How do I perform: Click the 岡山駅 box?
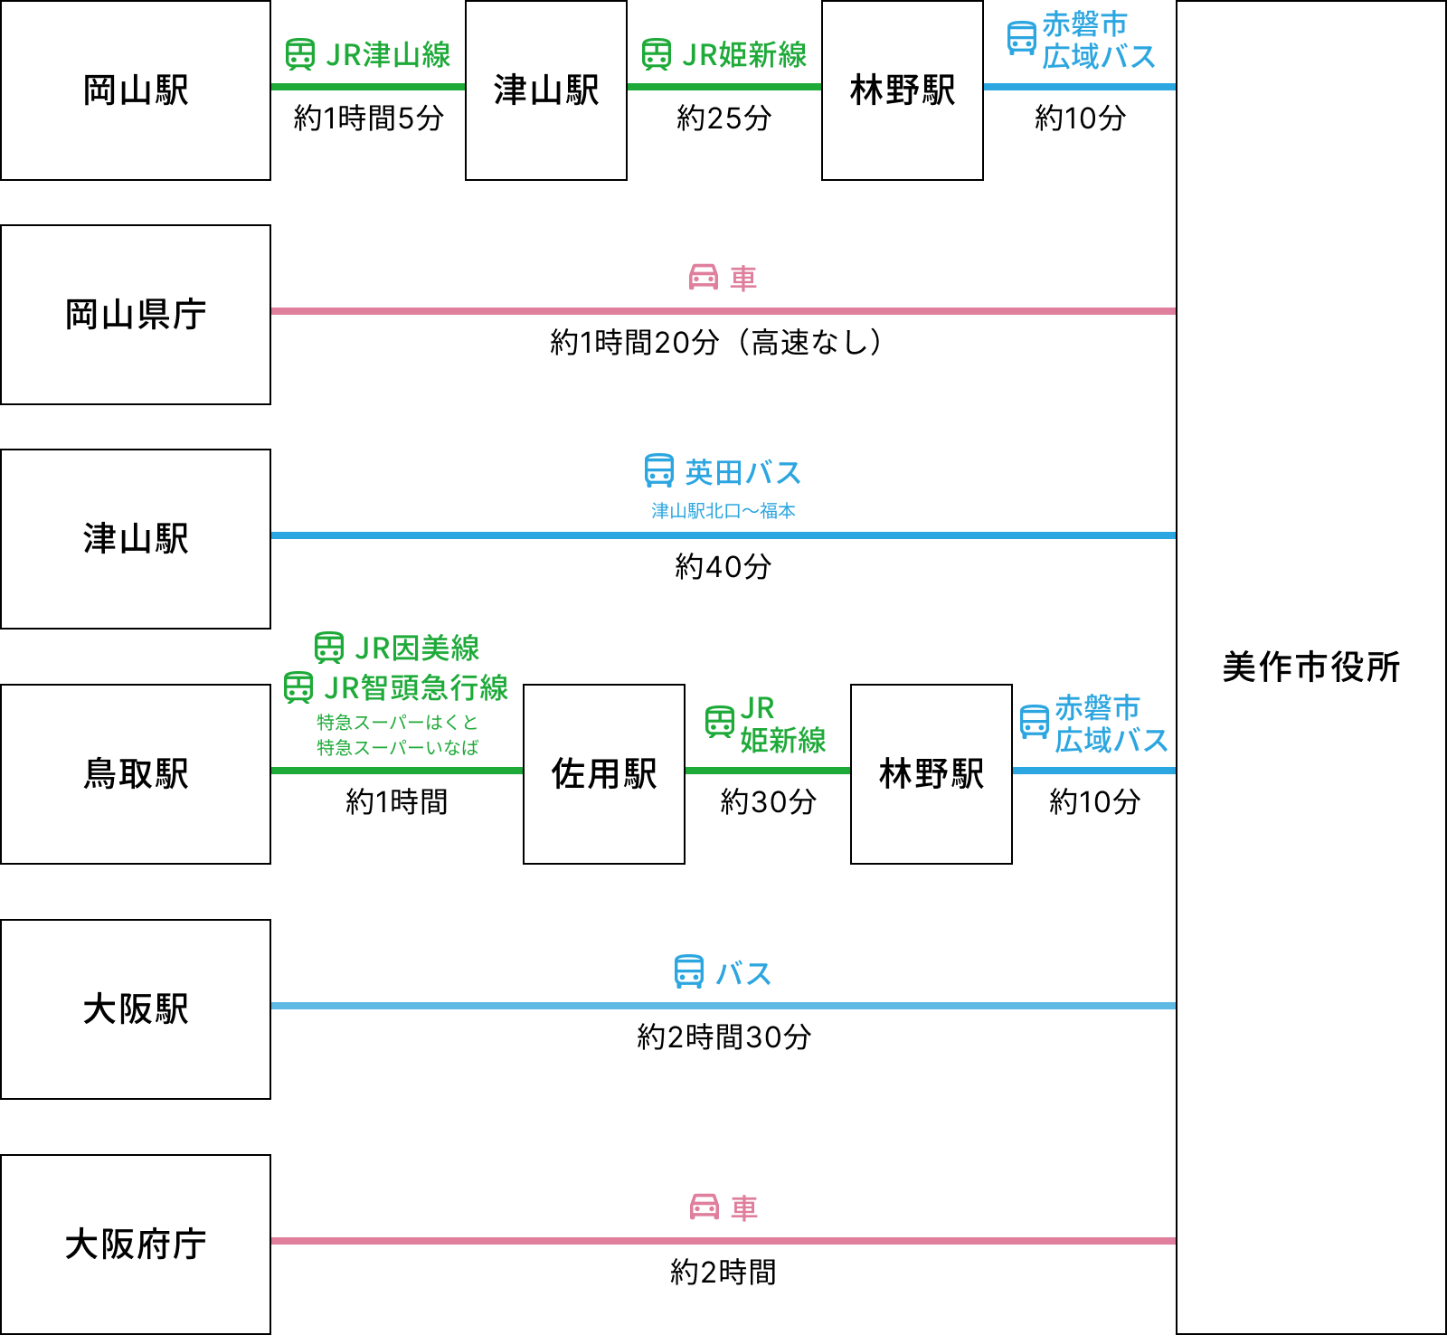click(x=136, y=90)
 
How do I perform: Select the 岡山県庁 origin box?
click(x=136, y=315)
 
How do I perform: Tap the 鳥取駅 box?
click(x=136, y=774)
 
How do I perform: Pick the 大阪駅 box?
click(x=136, y=1009)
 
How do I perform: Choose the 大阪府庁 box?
click(x=136, y=1245)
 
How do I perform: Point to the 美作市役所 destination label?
click(x=1311, y=667)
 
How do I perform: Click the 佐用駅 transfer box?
click(x=604, y=774)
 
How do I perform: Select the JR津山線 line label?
click(x=387, y=55)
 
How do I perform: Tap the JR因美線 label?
click(x=416, y=649)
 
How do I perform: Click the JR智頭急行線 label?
click(x=416, y=688)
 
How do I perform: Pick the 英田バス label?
click(x=742, y=473)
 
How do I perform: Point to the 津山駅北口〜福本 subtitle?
click(x=723, y=511)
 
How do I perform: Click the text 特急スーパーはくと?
click(x=397, y=723)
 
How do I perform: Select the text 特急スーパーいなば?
click(x=397, y=748)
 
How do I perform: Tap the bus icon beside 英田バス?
click(x=659, y=471)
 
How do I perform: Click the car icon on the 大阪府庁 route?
click(x=705, y=1207)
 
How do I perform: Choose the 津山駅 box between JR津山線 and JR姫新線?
click(x=546, y=90)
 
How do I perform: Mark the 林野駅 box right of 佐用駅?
click(x=932, y=774)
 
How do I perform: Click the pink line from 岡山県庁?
click(x=723, y=311)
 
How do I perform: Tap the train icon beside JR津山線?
click(x=300, y=54)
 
